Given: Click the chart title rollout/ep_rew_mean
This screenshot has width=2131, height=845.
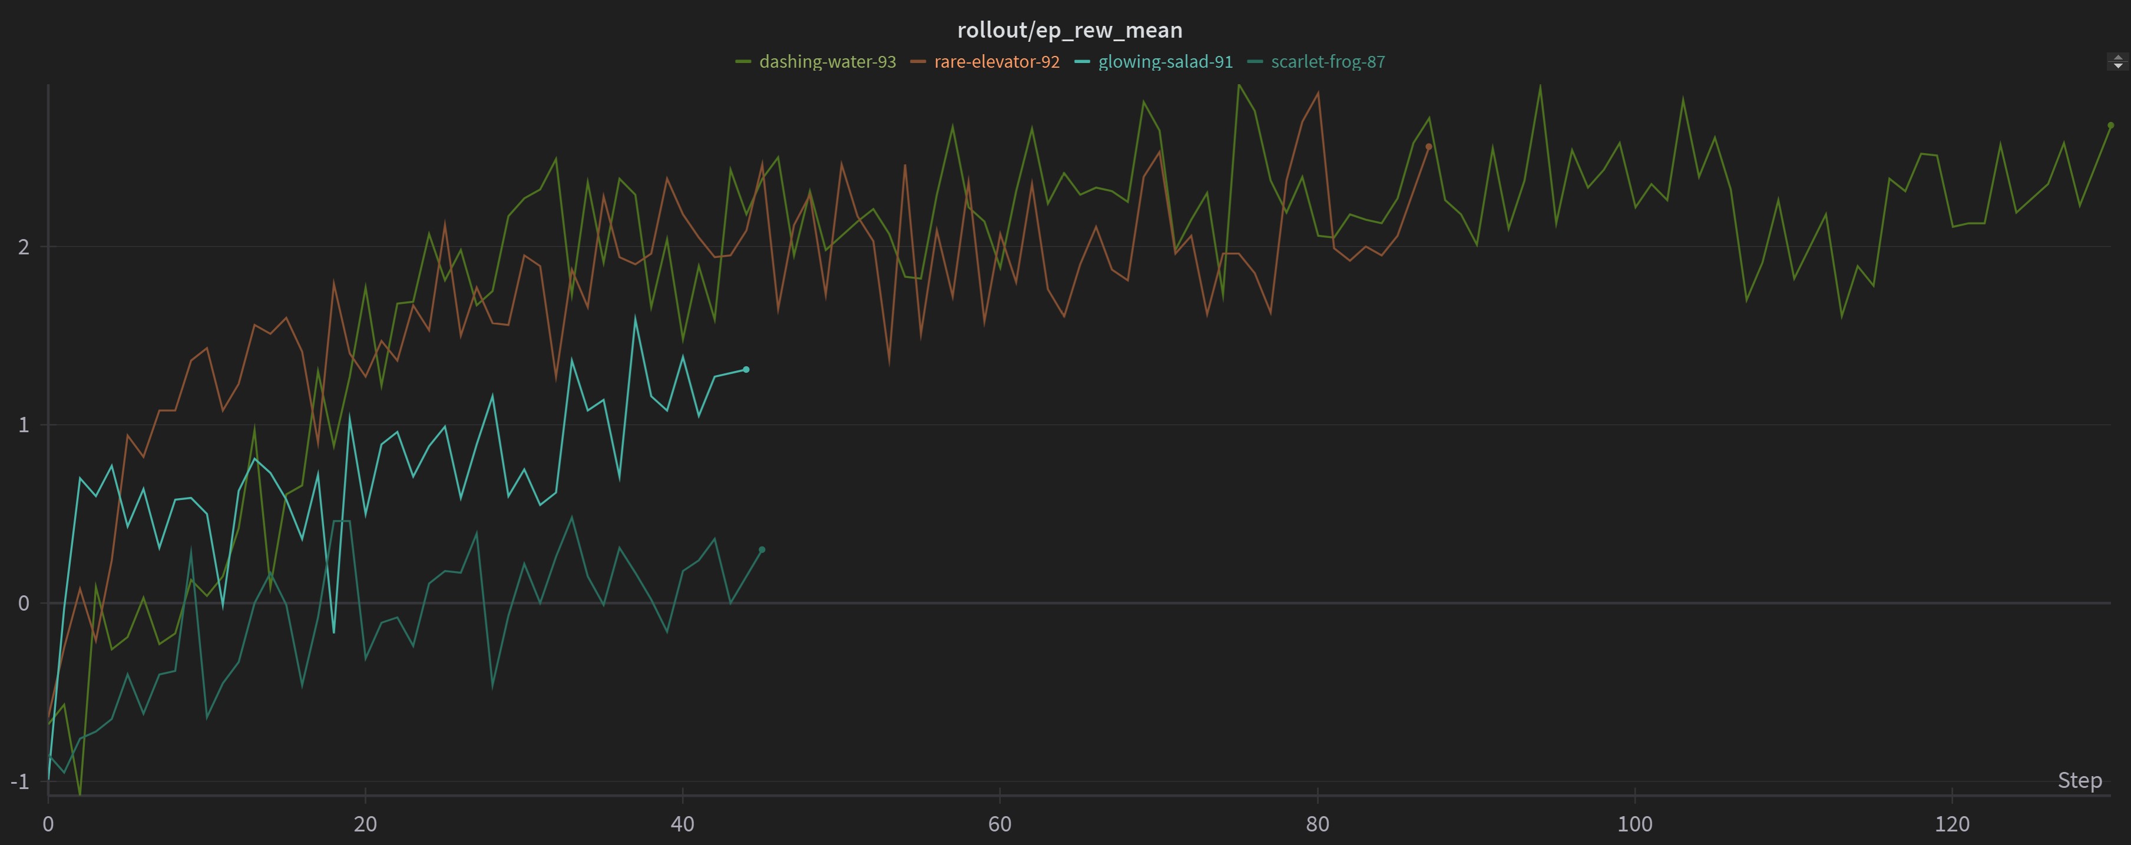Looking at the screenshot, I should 1070,31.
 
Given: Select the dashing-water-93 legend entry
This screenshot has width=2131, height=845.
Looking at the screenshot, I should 826,62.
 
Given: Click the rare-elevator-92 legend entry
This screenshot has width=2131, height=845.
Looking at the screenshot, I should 996,62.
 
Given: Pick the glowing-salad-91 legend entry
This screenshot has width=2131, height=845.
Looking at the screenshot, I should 1165,62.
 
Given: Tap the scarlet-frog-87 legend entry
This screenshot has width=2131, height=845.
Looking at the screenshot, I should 1327,62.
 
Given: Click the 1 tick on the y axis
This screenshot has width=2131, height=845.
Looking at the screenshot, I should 23,425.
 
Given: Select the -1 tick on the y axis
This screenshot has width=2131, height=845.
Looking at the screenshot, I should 20,781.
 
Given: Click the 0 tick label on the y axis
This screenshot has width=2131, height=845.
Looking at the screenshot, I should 23,604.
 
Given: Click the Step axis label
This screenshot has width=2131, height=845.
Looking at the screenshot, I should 2079,780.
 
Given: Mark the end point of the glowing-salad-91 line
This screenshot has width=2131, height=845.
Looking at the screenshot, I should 746,370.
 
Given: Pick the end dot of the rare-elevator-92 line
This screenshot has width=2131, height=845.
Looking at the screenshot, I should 1429,147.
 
